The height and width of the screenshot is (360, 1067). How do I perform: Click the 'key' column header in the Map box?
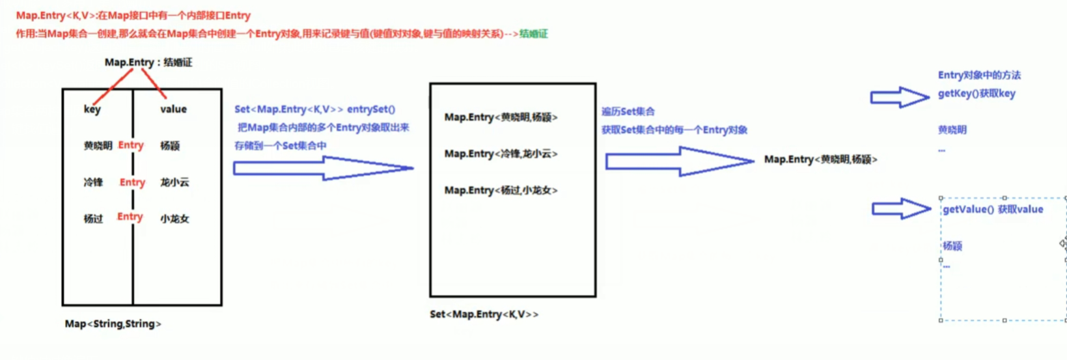(92, 109)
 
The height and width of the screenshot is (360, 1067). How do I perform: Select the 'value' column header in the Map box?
(173, 109)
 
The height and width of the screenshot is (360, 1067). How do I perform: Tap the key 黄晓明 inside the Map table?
(98, 146)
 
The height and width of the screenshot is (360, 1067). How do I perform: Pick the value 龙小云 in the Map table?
(174, 182)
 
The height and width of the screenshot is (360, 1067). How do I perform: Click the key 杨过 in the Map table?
(93, 219)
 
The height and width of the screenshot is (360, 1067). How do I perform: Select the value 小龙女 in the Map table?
(174, 219)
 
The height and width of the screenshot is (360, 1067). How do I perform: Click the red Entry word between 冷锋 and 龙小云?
(132, 182)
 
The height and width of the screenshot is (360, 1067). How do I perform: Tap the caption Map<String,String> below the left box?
(113, 324)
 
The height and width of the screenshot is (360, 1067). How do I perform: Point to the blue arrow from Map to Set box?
(323, 168)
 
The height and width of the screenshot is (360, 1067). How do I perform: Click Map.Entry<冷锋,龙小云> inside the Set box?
(501, 154)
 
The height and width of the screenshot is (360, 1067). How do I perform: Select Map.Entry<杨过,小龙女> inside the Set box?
(501, 190)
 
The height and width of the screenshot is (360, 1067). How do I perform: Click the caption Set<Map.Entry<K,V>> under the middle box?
(484, 314)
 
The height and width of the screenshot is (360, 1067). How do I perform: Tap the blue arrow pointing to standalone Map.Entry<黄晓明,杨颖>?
(679, 160)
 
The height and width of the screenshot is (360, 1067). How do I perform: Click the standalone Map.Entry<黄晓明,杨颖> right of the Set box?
(820, 159)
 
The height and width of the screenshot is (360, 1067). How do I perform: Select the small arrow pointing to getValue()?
(901, 209)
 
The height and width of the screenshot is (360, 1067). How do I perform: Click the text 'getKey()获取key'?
(977, 94)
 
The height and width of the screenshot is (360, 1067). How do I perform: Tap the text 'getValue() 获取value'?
(993, 209)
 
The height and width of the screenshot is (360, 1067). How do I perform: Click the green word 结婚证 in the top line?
(533, 34)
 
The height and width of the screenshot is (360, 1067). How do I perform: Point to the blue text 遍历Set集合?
(628, 112)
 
